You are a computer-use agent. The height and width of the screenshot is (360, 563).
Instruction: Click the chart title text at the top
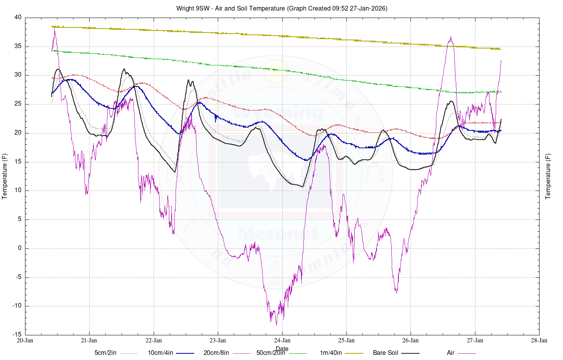281,8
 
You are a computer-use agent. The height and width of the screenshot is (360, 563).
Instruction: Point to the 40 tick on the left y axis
18,17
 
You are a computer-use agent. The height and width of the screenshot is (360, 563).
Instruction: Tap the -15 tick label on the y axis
17,335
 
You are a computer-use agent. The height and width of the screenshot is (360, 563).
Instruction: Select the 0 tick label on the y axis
20,248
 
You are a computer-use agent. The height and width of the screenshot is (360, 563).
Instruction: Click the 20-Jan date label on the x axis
25,340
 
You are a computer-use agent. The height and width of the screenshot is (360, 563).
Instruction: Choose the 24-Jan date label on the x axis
282,340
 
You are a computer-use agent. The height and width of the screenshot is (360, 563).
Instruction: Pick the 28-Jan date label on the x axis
539,340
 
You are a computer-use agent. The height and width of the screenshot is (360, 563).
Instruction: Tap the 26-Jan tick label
411,340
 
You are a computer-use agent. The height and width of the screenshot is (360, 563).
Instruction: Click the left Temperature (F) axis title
5,176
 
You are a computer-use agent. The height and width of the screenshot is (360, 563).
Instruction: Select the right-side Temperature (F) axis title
548,176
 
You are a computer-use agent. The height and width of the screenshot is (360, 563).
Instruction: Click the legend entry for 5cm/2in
106,353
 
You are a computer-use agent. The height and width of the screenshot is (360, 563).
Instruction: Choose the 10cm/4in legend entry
160,353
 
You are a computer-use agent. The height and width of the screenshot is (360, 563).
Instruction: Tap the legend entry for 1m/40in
331,353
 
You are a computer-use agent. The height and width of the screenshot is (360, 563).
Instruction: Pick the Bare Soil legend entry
385,353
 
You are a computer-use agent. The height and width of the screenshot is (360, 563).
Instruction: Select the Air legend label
450,353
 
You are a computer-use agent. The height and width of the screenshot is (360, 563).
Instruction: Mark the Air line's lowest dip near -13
276,324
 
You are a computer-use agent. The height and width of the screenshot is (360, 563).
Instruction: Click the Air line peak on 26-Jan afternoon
451,37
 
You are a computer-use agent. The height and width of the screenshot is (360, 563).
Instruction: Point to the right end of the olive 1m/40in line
501,49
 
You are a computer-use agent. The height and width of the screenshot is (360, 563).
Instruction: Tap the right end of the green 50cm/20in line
501,92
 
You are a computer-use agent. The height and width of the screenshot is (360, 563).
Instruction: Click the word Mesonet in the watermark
278,234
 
